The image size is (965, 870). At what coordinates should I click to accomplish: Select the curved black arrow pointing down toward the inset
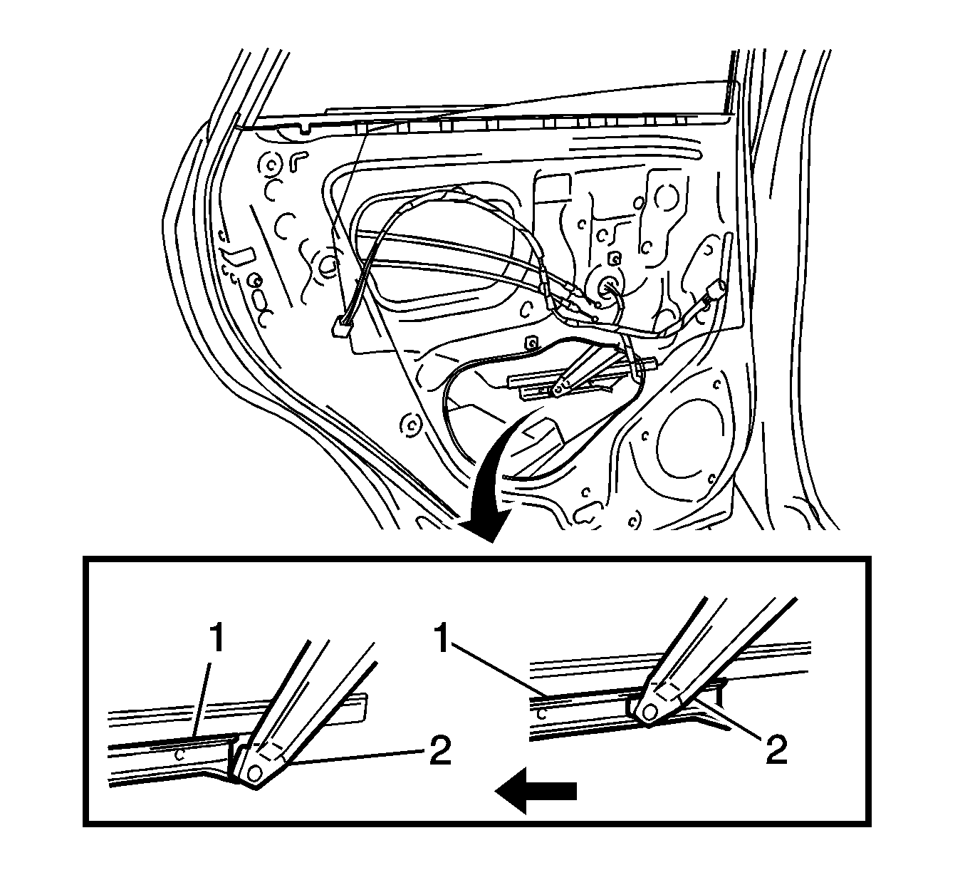[x=499, y=492]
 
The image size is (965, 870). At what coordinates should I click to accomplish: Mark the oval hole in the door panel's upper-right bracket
[x=668, y=197]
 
